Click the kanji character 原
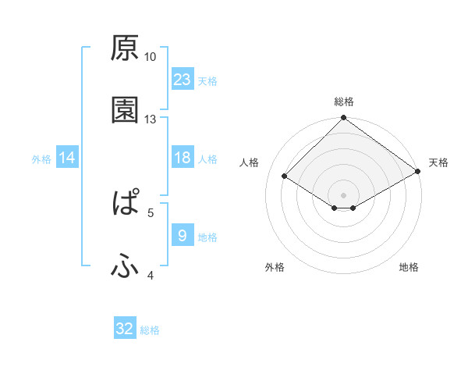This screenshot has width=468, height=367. [125, 48]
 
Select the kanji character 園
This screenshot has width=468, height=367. [125, 110]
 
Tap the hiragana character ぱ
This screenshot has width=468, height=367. [125, 204]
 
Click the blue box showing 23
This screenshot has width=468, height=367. [183, 79]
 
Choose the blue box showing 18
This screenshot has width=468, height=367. [183, 158]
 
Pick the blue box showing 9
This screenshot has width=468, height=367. [183, 235]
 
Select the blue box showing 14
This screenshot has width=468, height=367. [67, 158]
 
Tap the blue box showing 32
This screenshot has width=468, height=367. [125, 329]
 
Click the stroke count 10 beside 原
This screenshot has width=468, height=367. [151, 57]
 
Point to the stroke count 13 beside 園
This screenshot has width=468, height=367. [151, 119]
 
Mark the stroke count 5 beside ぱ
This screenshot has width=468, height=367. [151, 212]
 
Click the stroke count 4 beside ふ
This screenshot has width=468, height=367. [151, 275]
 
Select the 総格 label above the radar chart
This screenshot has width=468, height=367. [344, 102]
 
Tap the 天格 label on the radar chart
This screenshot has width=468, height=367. [438, 162]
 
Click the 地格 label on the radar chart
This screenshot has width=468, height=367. [409, 267]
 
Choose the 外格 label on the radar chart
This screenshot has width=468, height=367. [275, 267]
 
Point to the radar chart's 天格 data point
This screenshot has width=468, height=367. [419, 172]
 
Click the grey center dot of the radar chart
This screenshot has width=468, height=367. [344, 194]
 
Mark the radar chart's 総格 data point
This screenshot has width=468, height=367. [344, 119]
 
